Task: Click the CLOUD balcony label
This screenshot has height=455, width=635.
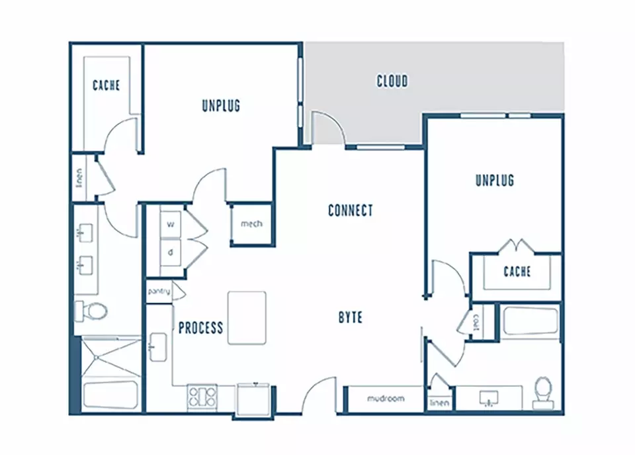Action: point(392,81)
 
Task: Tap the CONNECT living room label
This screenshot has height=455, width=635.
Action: point(351,211)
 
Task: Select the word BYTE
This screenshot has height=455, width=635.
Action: point(351,317)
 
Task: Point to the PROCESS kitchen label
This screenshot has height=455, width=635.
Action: point(201,327)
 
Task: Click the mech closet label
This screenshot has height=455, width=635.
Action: point(251,223)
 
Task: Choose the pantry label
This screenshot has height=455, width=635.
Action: point(159,291)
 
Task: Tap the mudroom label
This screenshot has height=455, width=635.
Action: point(386,398)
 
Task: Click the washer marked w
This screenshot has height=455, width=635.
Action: point(171,224)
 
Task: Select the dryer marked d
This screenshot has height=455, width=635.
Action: point(171,252)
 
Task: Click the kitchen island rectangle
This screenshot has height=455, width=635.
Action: point(247,318)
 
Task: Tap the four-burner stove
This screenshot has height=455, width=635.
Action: point(202,397)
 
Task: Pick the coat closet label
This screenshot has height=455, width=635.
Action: point(476,323)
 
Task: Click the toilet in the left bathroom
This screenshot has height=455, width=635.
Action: point(91,311)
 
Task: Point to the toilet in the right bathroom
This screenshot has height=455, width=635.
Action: point(543,393)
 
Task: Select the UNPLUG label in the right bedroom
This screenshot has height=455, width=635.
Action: point(495,180)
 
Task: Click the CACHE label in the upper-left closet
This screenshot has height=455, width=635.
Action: point(106,85)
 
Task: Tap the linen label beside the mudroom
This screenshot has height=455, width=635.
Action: point(439,403)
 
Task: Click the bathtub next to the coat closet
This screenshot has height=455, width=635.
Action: point(530,321)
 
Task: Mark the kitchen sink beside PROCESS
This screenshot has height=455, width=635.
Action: point(158,347)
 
